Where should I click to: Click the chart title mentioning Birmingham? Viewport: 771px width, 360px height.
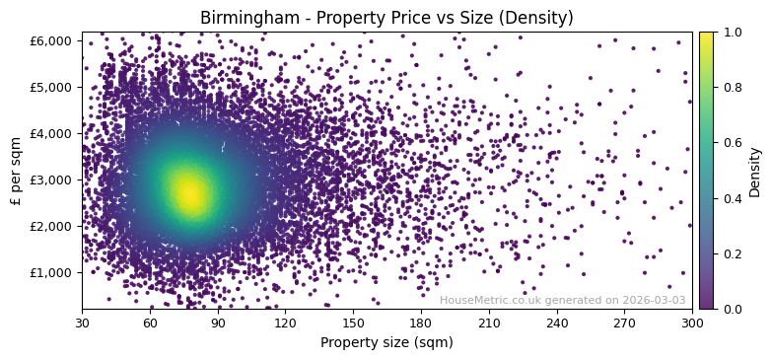coord(386,18)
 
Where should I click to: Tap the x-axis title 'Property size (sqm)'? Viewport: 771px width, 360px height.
coord(386,342)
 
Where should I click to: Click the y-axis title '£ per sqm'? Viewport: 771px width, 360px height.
coord(16,170)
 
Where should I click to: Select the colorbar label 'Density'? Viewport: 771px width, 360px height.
coord(755,171)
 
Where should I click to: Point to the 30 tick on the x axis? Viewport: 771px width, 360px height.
coord(82,323)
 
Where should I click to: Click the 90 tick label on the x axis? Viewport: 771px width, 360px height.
coord(218,323)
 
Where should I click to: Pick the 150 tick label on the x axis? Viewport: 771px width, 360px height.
coord(353,323)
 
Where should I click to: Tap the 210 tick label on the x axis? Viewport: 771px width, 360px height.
coord(489,323)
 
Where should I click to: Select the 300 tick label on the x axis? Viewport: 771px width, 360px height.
coord(692,323)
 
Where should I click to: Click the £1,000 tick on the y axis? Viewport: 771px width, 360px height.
coord(56,272)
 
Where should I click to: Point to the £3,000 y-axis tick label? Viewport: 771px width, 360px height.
coord(56,180)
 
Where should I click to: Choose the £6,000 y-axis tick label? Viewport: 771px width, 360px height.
coord(56,40)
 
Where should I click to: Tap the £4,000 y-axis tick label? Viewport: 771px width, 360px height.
coord(56,133)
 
